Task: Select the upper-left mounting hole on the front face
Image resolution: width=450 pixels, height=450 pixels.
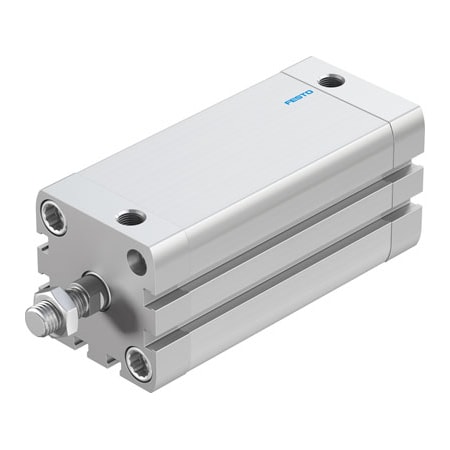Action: point(54,213)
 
